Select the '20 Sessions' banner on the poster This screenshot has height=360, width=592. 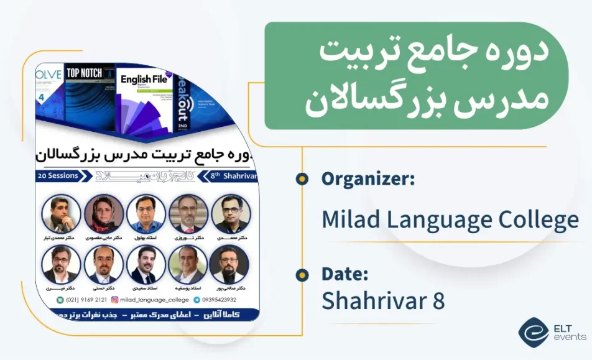pyautogui.click(x=58, y=176)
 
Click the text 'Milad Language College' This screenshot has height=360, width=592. pyautogui.click(x=450, y=219)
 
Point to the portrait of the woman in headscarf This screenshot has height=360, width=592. pyautogui.click(x=103, y=213)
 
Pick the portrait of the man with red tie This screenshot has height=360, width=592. pyautogui.click(x=188, y=213)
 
